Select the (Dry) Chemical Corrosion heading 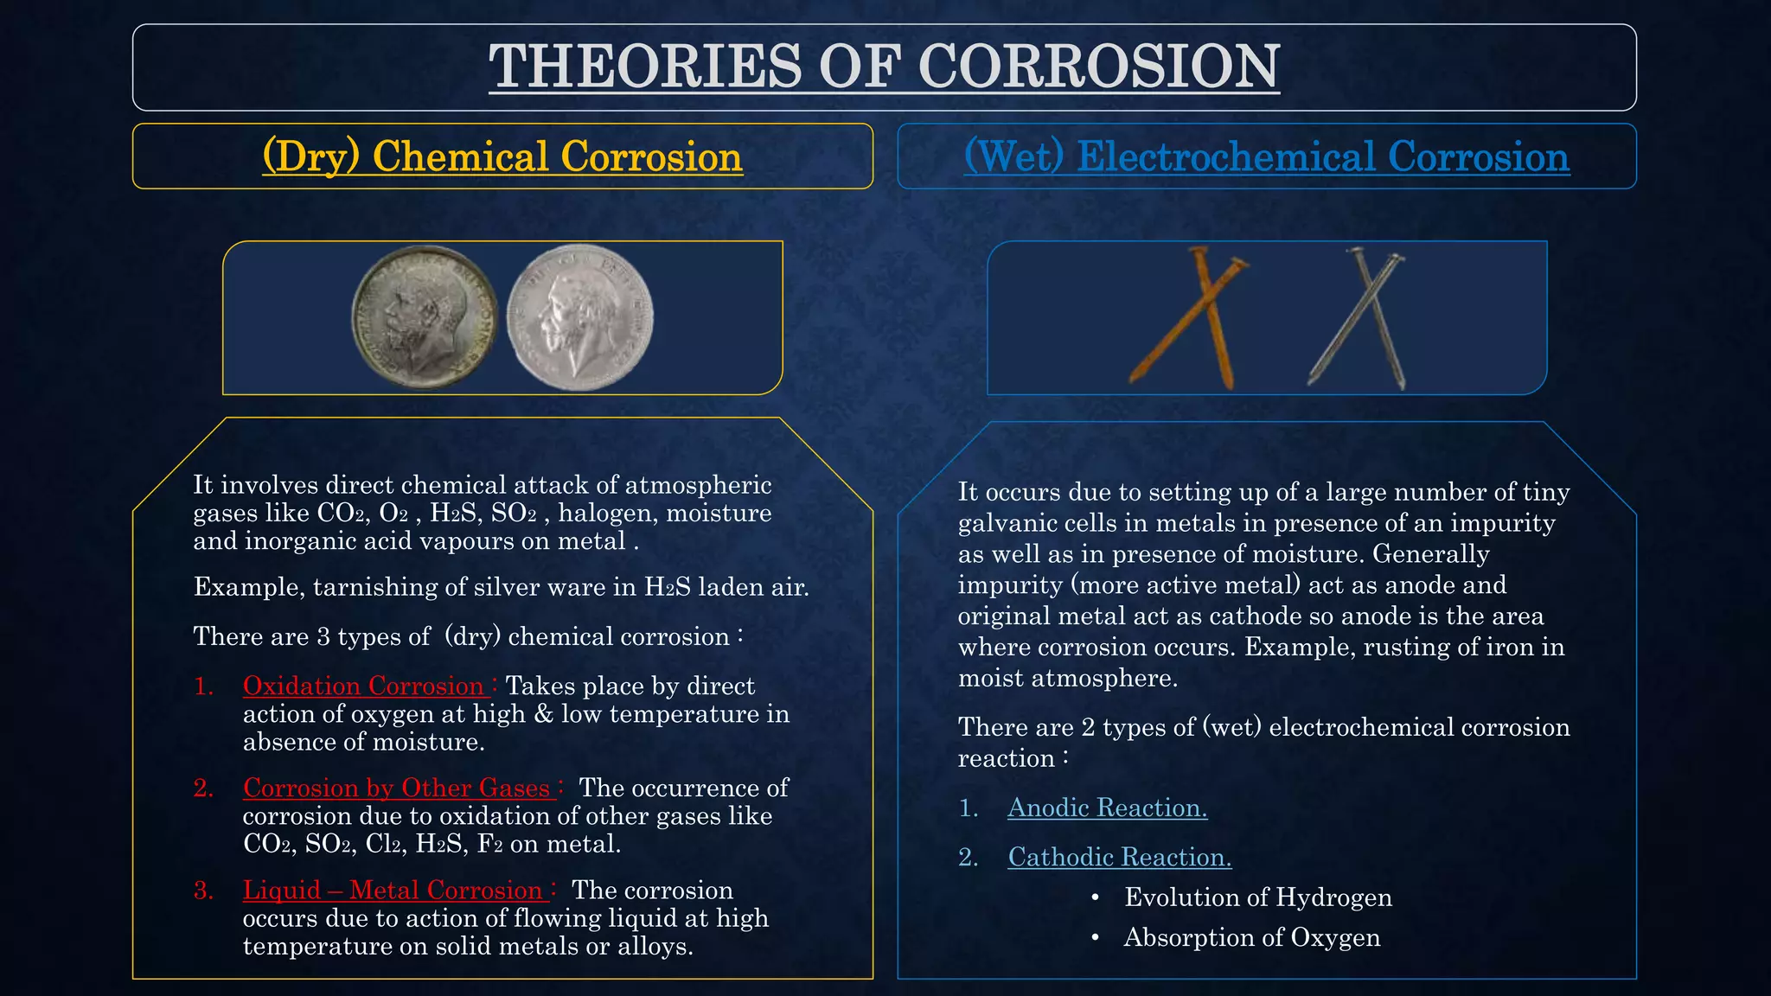(x=502, y=156)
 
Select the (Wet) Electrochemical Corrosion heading (x=1267, y=156)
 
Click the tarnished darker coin (x=424, y=316)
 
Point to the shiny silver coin (x=579, y=316)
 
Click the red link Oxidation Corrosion (x=363, y=686)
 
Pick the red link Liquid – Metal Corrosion (x=393, y=890)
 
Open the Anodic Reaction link (x=1107, y=808)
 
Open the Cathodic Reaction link (x=1119, y=857)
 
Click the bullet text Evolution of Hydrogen (x=1257, y=897)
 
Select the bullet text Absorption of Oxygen (x=1251, y=937)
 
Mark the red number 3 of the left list (x=203, y=890)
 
